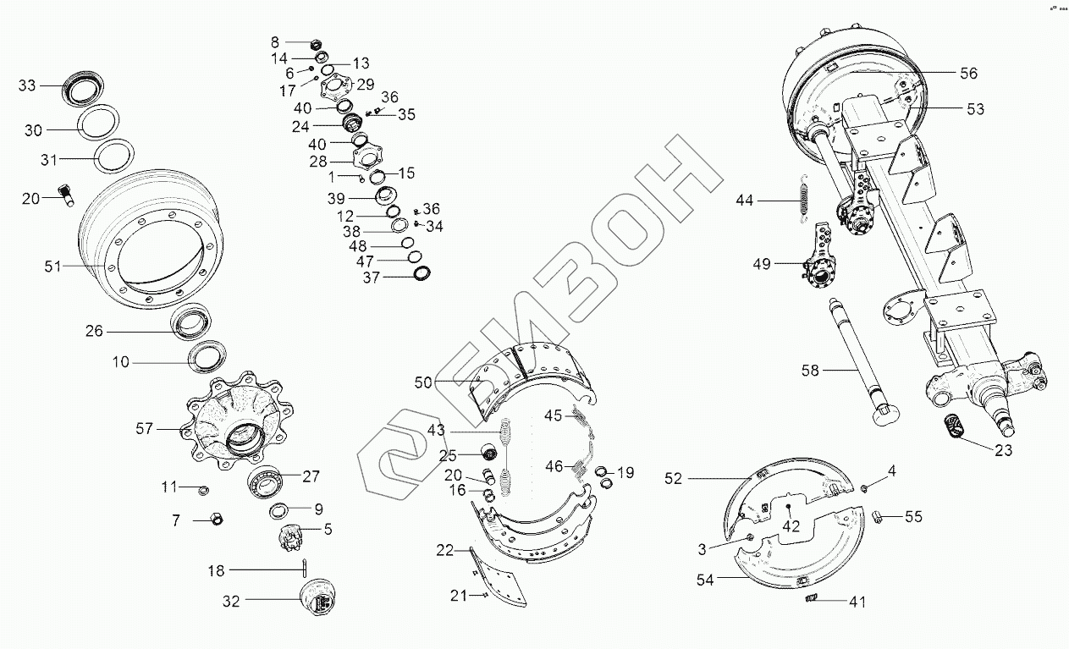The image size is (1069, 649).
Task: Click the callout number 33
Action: [x=28, y=85]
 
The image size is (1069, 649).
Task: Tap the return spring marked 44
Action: [x=804, y=201]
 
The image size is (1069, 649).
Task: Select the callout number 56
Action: [x=968, y=74]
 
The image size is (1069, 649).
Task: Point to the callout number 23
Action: [x=1003, y=450]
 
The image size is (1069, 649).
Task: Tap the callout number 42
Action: [x=791, y=525]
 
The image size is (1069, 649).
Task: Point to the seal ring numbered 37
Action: [x=422, y=273]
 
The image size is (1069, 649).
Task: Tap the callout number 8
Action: [x=274, y=41]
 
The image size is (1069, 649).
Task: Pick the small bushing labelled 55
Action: [x=879, y=516]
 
